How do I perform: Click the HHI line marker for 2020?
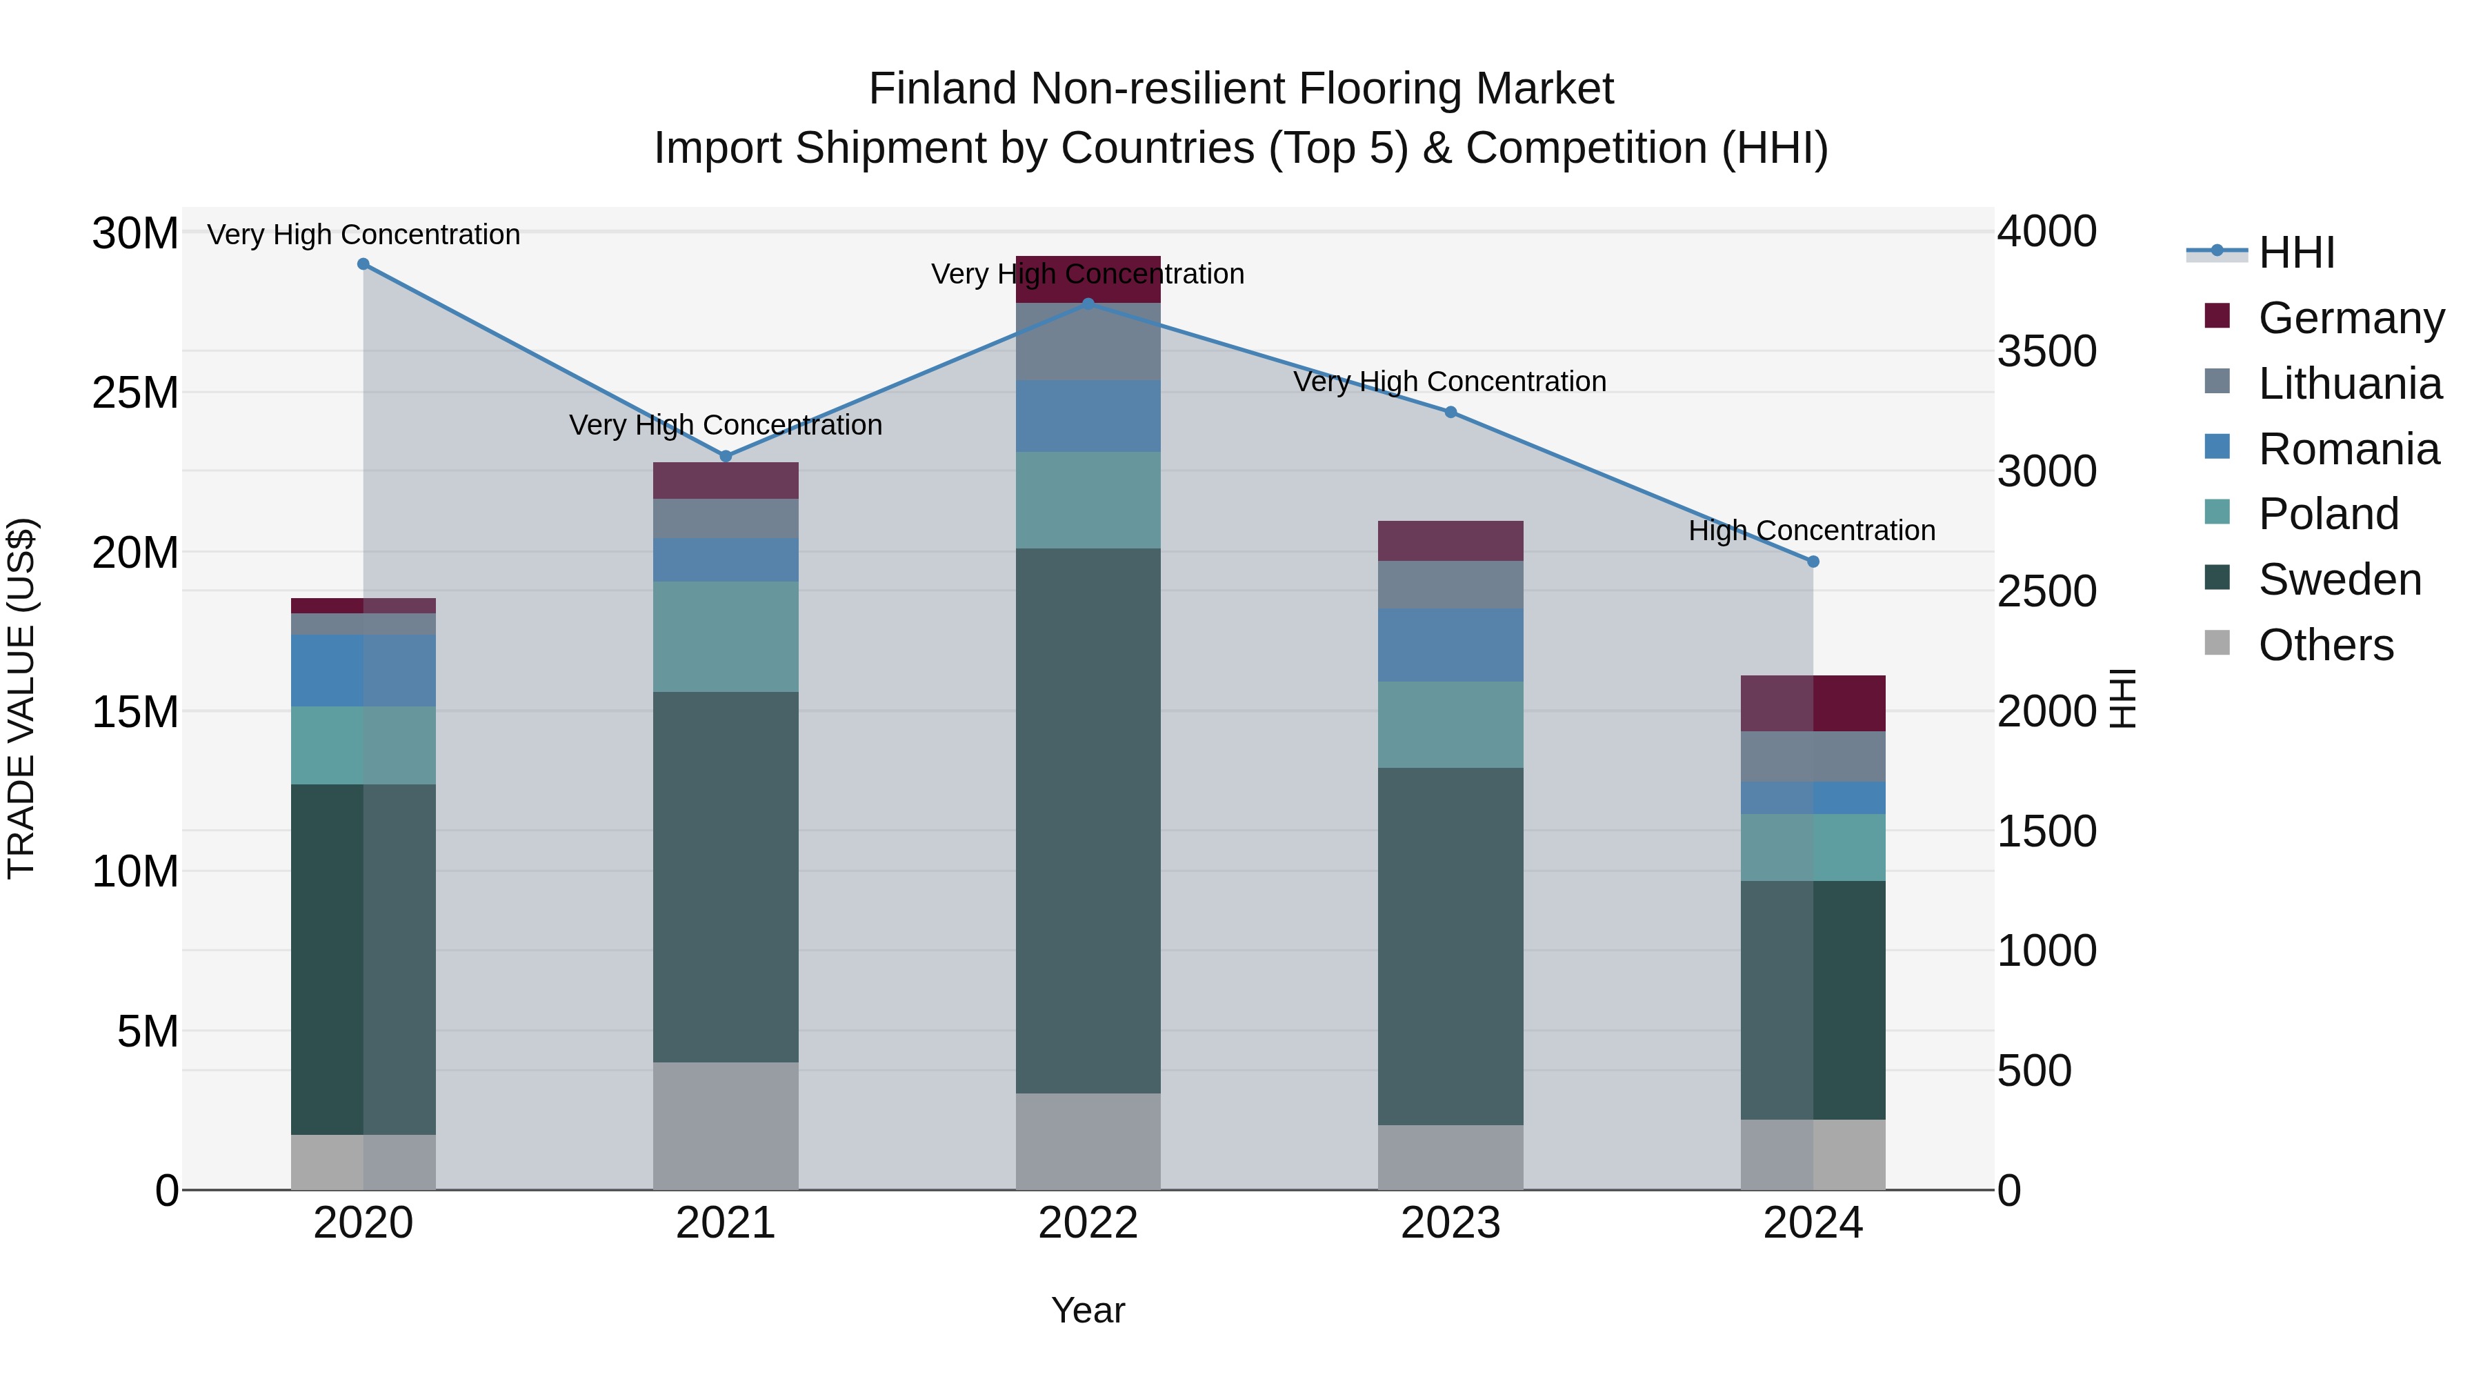click(363, 264)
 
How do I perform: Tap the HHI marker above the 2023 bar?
click(1450, 413)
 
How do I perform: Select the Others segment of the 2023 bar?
click(1450, 1157)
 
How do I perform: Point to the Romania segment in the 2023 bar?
click(1450, 645)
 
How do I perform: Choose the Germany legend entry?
click(2350, 317)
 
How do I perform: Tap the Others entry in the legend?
click(2325, 644)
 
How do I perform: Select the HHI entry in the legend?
click(2296, 252)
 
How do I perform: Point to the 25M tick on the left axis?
click(135, 393)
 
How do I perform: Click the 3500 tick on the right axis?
click(2046, 351)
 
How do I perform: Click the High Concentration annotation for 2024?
click(1811, 531)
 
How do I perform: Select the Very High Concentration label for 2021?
click(725, 425)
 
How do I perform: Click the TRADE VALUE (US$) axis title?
click(21, 699)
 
